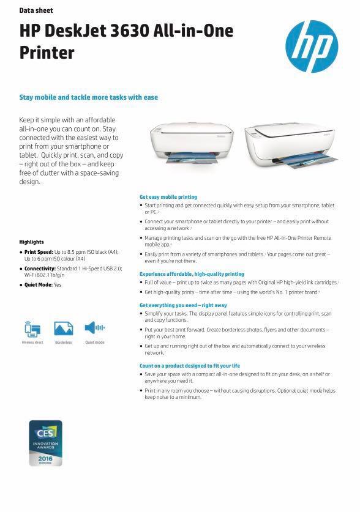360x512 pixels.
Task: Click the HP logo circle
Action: point(311,46)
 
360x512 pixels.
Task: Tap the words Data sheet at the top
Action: point(36,10)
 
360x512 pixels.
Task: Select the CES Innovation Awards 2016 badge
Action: point(46,443)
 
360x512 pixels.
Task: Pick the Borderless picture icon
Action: point(64,328)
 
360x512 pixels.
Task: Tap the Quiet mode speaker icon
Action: point(94,328)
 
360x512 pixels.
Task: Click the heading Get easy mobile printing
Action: point(168,197)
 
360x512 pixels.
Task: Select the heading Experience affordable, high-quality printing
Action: point(192,274)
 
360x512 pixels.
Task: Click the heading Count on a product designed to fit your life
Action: point(190,366)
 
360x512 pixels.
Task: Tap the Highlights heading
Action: point(32,242)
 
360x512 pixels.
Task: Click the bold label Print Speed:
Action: point(39,252)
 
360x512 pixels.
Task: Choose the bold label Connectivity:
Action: point(40,269)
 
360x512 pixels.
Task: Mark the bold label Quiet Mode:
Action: point(38,285)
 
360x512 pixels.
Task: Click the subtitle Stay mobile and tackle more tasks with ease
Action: point(89,97)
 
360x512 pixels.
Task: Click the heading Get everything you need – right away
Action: point(183,305)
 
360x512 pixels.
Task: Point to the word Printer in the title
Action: point(47,53)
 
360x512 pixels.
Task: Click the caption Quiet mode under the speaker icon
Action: point(94,343)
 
